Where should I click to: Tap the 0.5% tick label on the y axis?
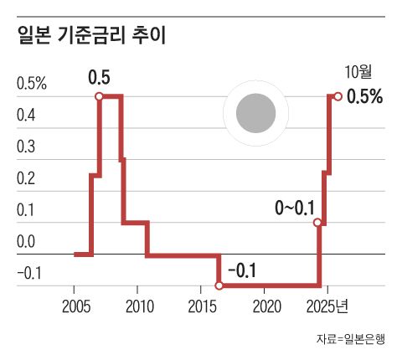point(32,84)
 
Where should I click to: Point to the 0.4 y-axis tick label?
point(27,116)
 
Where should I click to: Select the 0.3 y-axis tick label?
point(27,147)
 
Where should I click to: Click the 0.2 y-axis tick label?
point(27,179)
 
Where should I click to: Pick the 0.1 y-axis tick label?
point(27,211)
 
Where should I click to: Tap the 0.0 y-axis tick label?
point(27,243)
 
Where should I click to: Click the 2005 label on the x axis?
point(75,304)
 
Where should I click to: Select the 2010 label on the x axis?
point(138,304)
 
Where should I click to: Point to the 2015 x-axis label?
point(202,304)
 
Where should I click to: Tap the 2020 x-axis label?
point(265,304)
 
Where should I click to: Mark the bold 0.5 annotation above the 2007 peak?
point(99,80)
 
